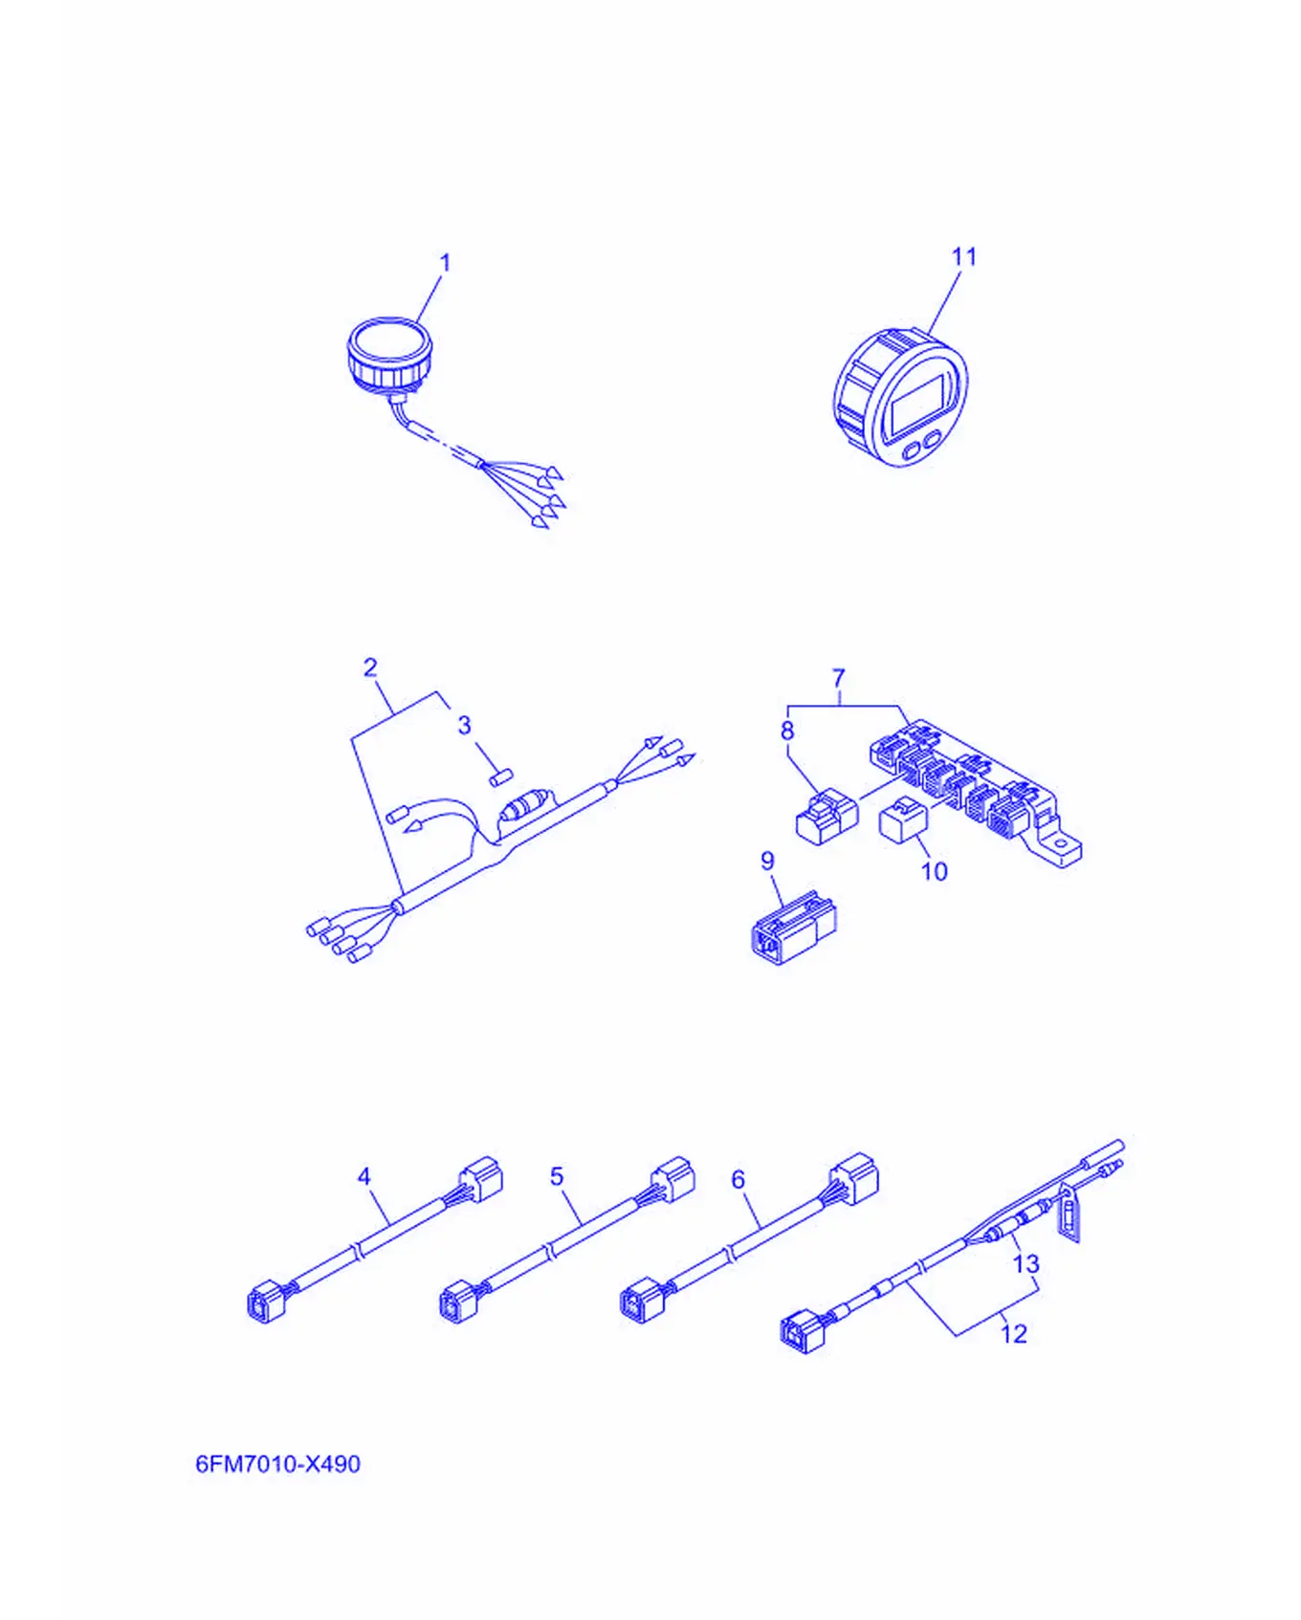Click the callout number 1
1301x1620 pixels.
tap(445, 262)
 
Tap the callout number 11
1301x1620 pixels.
tap(963, 256)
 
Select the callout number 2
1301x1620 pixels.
tap(370, 668)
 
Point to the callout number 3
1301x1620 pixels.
tap(465, 725)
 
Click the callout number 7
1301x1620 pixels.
tap(839, 678)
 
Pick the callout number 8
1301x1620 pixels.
tap(787, 731)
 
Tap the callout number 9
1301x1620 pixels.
tap(767, 861)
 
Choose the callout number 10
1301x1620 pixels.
tap(934, 871)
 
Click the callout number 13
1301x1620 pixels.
tap(1025, 1264)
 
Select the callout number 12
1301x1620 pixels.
tap(1013, 1333)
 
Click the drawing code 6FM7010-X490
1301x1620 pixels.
tap(277, 1464)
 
